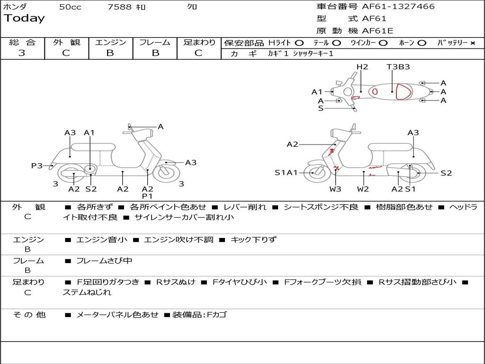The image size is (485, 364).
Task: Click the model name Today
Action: point(24,18)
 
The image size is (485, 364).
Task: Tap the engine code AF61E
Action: point(377,31)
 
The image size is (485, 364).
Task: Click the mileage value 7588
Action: point(120,7)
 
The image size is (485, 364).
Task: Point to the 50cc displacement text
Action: point(70,7)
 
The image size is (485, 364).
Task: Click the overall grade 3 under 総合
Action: point(22,53)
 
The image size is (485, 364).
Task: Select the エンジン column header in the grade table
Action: point(110,42)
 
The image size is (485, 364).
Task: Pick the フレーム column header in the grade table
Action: point(155,42)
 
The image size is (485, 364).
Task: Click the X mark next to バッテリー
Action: point(472,43)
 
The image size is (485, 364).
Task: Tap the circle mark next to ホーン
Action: point(422,43)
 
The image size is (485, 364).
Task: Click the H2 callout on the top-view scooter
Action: point(362,67)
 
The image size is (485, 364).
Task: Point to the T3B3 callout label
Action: point(398,67)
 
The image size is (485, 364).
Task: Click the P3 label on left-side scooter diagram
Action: point(36,165)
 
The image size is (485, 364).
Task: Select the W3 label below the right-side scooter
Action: point(335,189)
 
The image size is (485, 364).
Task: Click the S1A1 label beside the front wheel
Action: point(286,173)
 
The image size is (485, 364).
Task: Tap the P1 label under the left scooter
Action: point(147,196)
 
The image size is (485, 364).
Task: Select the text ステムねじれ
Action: point(87,292)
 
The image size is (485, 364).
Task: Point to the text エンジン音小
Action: point(101,240)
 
